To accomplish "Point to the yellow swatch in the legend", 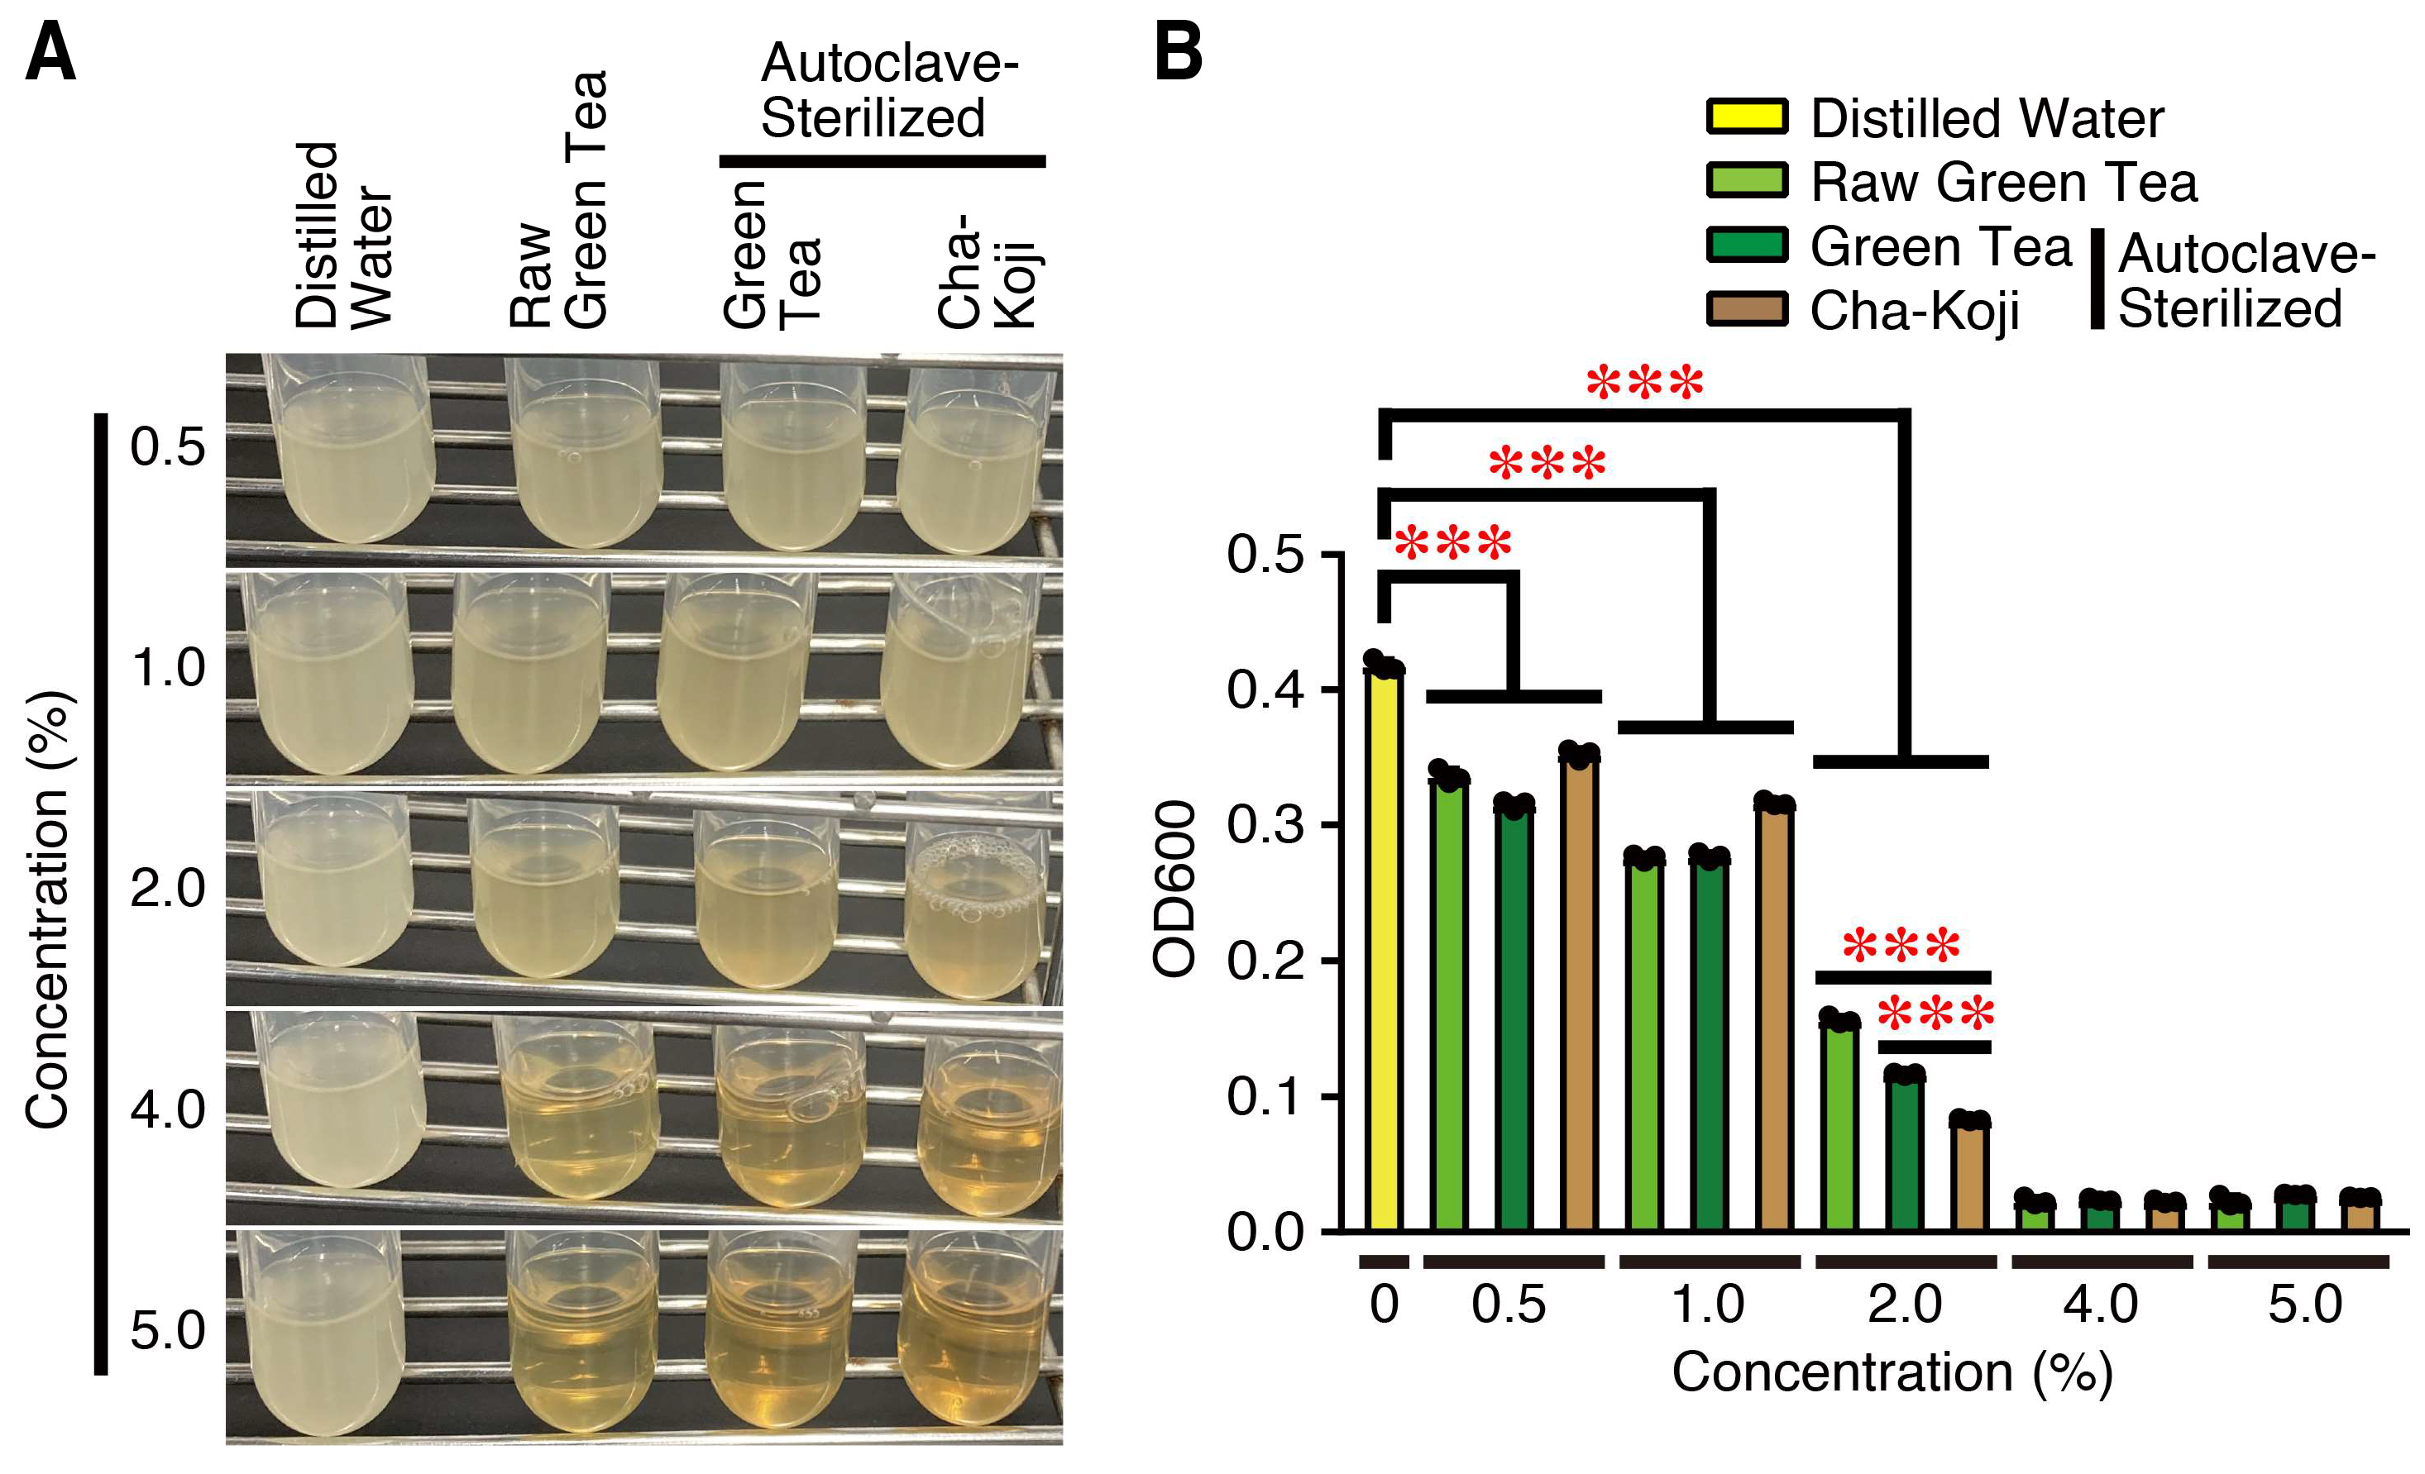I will pyautogui.click(x=1747, y=116).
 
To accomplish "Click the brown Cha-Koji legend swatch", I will pyautogui.click(x=1747, y=308).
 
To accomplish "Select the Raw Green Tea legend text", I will pyautogui.click(x=2004, y=182).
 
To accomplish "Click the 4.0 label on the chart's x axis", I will pyautogui.click(x=2100, y=1305).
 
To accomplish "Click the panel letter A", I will pyautogui.click(x=50, y=54).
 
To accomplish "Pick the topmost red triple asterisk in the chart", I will pyautogui.click(x=1644, y=384).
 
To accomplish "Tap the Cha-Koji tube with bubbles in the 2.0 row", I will pyautogui.click(x=974, y=905).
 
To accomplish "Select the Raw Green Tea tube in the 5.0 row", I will pyautogui.click(x=581, y=1338).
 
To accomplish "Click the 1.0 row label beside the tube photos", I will pyautogui.click(x=168, y=668).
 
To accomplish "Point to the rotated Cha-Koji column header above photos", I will pyautogui.click(x=984, y=270).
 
